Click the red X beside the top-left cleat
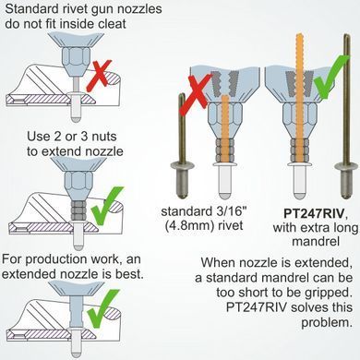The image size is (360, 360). [x=99, y=76]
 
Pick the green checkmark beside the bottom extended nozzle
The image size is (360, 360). [x=103, y=307]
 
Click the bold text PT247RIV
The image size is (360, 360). [x=313, y=213]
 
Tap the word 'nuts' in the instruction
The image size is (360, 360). [x=104, y=137]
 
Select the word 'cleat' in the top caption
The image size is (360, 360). [x=112, y=24]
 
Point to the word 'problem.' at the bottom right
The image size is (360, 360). [x=327, y=322]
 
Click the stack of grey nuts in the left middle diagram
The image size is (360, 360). [x=79, y=210]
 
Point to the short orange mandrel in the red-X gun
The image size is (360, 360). [x=225, y=128]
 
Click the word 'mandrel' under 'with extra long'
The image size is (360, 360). [x=316, y=241]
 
